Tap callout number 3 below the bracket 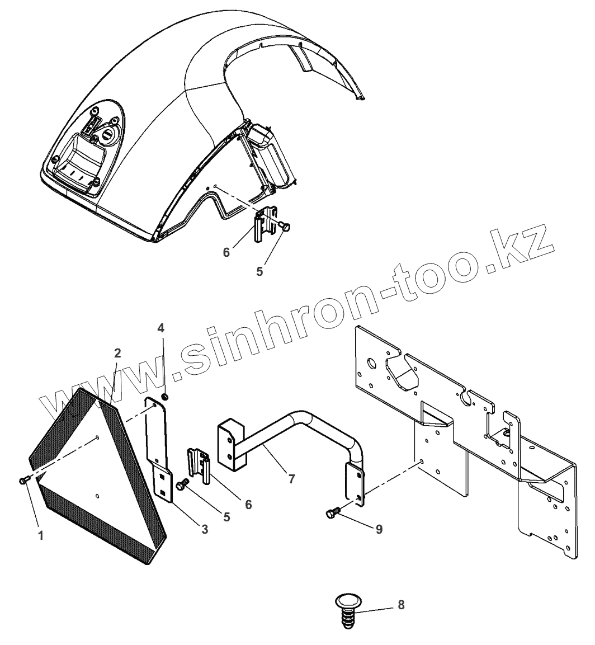tap(205, 529)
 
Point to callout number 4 tap(161, 328)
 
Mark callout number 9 tap(379, 528)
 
